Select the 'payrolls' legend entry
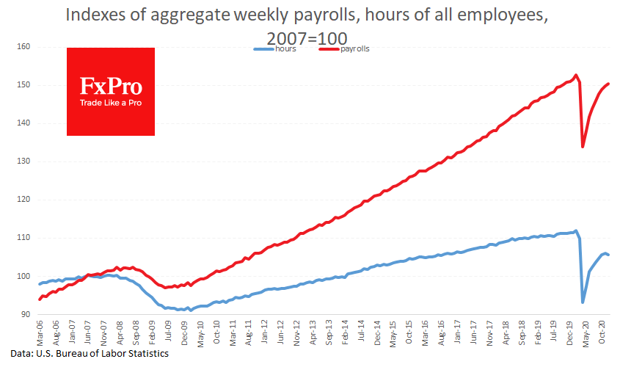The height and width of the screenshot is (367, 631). [x=354, y=48]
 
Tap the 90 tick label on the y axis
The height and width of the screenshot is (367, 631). [x=25, y=315]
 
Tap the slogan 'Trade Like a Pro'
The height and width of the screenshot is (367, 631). [x=111, y=103]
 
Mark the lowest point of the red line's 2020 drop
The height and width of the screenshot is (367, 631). [x=583, y=147]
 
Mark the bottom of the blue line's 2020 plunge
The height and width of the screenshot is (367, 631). [x=583, y=302]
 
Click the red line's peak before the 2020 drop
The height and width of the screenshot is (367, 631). [x=576, y=75]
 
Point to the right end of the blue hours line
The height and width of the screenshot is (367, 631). [x=609, y=255]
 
